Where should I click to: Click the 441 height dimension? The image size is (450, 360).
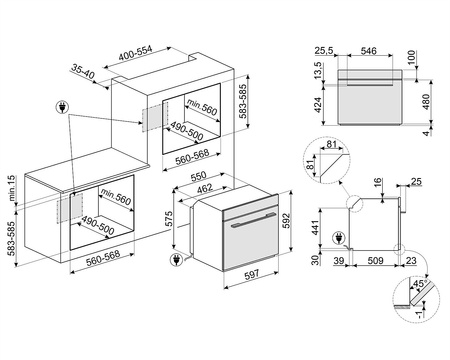[x=316, y=230]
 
